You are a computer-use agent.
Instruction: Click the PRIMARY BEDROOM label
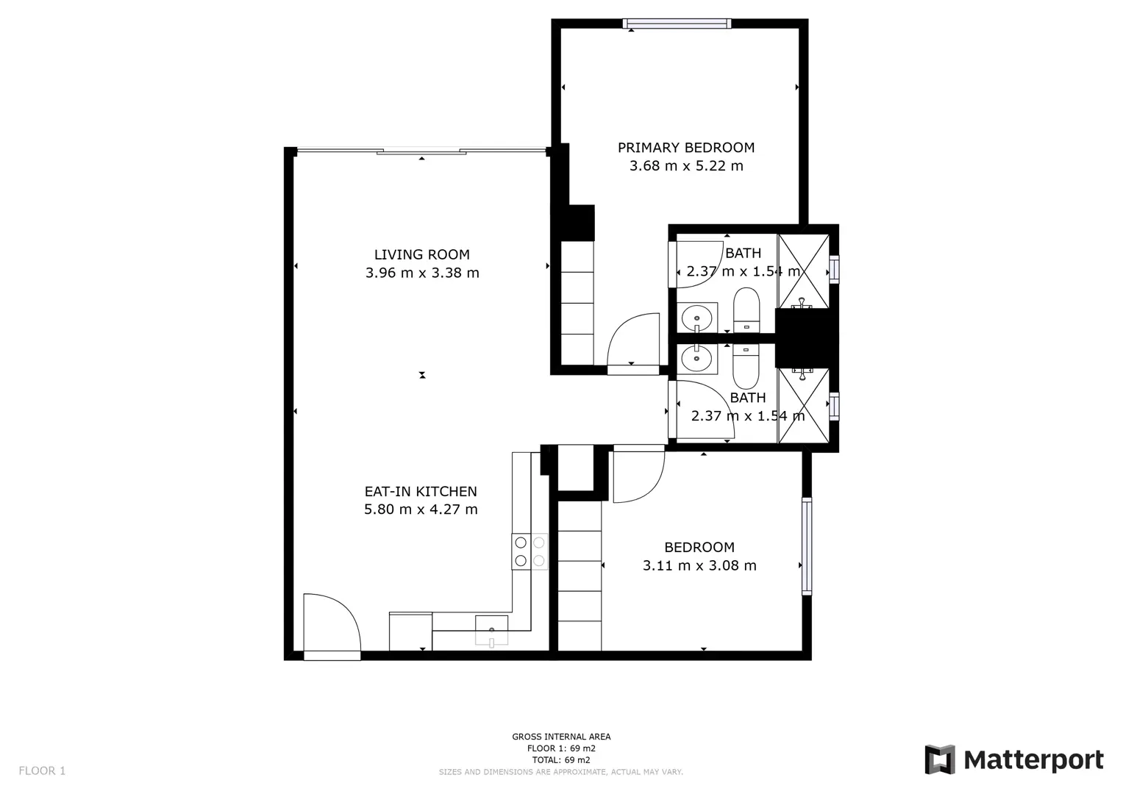(686, 147)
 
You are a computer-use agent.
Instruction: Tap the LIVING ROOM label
(422, 254)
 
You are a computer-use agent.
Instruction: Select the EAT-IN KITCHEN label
(421, 491)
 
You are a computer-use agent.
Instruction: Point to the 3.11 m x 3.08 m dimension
(699, 565)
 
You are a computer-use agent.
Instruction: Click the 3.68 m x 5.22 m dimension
(686, 165)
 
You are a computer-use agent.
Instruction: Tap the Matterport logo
(1014, 759)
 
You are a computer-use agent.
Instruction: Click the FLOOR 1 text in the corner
(42, 770)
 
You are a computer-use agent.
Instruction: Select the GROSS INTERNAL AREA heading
(561, 737)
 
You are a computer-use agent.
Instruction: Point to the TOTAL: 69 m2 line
(561, 760)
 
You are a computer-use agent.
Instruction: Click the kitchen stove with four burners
(530, 551)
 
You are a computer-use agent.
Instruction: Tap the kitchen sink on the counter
(491, 630)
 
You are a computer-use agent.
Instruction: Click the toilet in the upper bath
(746, 310)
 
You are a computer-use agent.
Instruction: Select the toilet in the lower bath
(746, 366)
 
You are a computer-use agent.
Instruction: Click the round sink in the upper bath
(697, 318)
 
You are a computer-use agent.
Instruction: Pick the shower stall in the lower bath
(803, 406)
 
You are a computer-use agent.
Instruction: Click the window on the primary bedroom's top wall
(677, 24)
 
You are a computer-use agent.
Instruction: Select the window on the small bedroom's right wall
(807, 546)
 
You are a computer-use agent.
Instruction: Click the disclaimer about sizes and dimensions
(561, 772)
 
